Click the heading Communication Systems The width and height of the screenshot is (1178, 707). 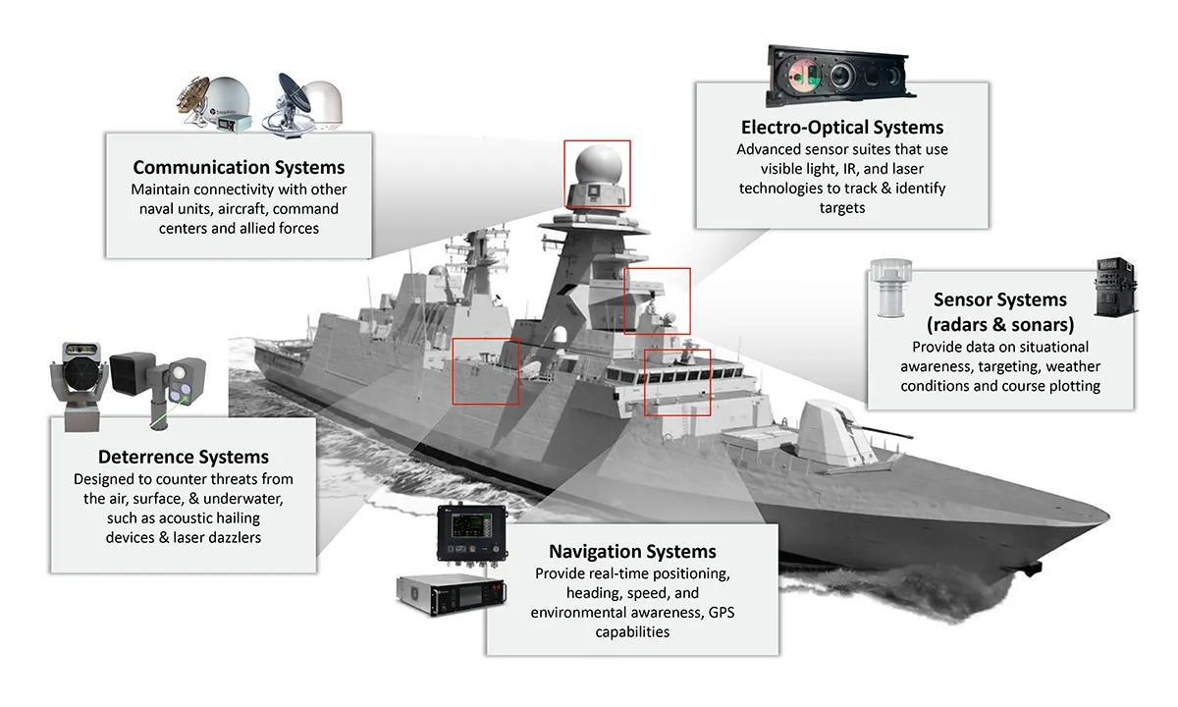(239, 167)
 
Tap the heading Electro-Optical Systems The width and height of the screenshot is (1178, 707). (842, 128)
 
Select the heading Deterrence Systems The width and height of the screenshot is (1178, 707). (184, 457)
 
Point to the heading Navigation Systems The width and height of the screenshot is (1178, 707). (632, 551)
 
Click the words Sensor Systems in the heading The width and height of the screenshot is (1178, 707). (1000, 299)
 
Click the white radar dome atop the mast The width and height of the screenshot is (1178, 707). (599, 164)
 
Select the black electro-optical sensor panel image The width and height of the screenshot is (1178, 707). (840, 77)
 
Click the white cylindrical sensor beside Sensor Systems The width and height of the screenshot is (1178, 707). (891, 288)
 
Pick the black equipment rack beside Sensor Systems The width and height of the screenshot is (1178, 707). (1116, 287)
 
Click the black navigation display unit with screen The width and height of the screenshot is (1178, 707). (472, 534)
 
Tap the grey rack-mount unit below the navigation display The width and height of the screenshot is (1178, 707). (452, 595)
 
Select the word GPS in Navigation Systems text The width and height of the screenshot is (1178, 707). (722, 613)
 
